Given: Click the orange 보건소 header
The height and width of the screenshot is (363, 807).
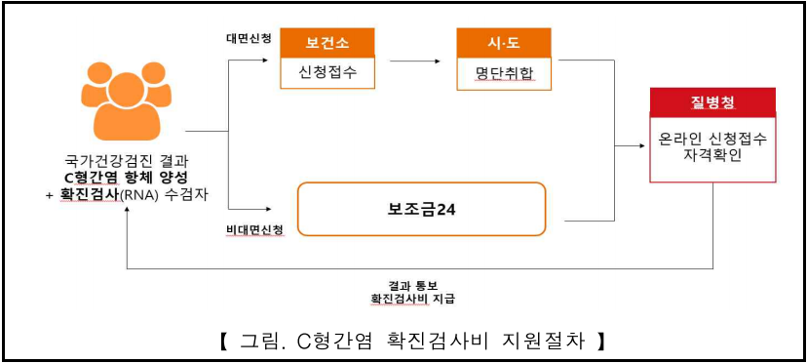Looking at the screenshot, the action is tap(327, 43).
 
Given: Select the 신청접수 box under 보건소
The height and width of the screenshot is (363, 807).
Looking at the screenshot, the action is tap(327, 73).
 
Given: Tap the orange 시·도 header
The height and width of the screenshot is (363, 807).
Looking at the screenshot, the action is tap(504, 43).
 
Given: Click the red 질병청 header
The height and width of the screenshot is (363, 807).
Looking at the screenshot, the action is tap(712, 102).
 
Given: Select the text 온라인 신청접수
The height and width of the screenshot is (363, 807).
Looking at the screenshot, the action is tap(712, 140).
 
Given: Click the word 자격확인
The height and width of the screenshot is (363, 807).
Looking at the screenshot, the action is tap(712, 157).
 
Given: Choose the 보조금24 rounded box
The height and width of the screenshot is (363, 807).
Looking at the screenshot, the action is tap(421, 210).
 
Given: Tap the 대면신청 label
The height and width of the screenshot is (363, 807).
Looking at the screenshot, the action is tap(249, 40).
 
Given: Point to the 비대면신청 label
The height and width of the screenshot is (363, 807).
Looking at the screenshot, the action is tap(254, 230).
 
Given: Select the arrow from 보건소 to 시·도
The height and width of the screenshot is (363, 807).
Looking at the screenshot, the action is tap(415, 60).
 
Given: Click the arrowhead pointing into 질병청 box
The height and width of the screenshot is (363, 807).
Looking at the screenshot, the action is tap(640, 146).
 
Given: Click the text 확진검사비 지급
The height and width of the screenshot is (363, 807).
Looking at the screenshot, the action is tap(413, 299).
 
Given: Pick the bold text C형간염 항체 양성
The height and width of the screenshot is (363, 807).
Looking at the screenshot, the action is tap(126, 179).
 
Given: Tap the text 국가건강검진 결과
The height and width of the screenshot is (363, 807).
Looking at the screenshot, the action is tap(124, 161).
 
